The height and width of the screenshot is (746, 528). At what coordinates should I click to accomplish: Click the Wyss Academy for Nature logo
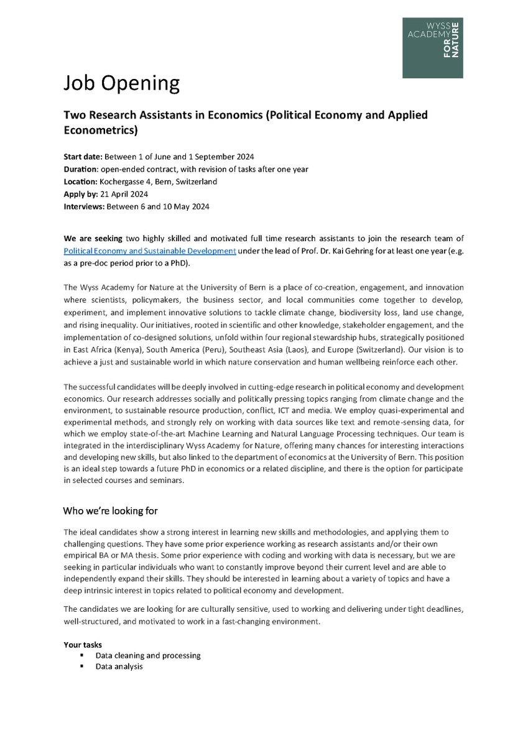pyautogui.click(x=432, y=48)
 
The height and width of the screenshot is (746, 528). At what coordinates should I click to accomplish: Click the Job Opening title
pyautogui.click(x=122, y=83)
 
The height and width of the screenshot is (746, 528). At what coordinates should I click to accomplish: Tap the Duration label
pyautogui.click(x=81, y=169)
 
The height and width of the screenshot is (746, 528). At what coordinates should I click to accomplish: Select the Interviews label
pyautogui.click(x=85, y=207)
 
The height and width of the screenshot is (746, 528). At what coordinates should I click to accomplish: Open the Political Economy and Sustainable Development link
pyautogui.click(x=150, y=251)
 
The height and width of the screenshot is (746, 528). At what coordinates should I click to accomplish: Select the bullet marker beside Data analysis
pyautogui.click(x=81, y=666)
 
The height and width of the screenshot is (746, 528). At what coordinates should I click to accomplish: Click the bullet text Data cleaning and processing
pyautogui.click(x=148, y=655)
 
